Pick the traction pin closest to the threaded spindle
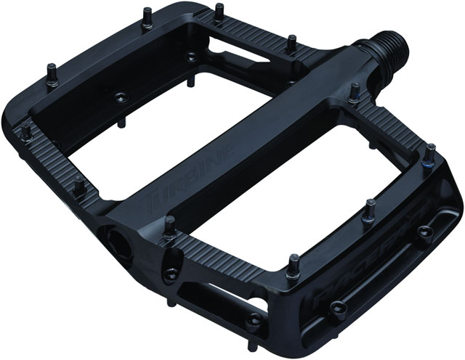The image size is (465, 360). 355,91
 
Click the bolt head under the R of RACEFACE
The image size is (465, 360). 337,308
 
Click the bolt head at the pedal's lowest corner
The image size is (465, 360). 256,319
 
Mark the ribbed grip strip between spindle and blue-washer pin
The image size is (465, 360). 392,123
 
